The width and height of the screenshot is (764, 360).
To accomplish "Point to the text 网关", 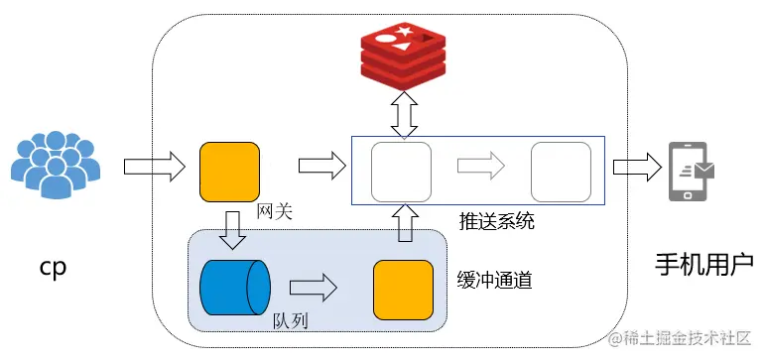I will click(x=273, y=211).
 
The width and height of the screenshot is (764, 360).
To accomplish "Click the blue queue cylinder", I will click(x=235, y=287).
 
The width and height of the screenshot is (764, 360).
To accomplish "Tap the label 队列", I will click(x=291, y=321).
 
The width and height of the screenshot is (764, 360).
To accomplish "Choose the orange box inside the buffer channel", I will click(x=403, y=289).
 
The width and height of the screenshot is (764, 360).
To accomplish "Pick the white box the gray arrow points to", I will click(x=561, y=172).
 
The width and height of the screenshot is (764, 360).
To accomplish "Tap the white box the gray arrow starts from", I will click(x=401, y=172).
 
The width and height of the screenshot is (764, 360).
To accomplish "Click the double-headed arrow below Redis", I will click(x=403, y=115).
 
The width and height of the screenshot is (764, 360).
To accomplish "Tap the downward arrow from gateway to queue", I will click(x=232, y=230).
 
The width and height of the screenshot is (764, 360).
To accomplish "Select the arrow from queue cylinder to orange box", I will click(x=316, y=288).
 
